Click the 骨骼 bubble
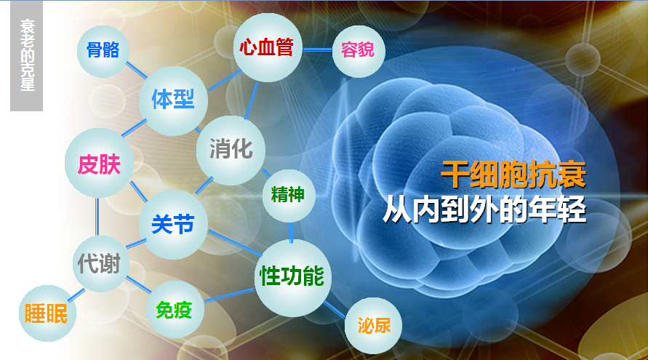[103, 51]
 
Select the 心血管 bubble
[268, 47]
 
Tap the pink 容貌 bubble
[359, 50]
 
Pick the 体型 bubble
[173, 101]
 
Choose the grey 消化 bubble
[231, 150]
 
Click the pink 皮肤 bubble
[99, 163]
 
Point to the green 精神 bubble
[289, 196]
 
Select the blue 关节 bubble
[173, 225]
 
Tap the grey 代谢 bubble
[100, 264]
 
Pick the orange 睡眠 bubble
[47, 313]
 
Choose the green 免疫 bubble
[175, 310]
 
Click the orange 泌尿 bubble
[373, 325]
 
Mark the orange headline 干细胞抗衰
[513, 174]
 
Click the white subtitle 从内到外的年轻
[485, 209]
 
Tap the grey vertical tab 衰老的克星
[26, 56]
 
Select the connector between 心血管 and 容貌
[317, 49]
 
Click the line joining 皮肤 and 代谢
[97, 217]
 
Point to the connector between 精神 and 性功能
[292, 231]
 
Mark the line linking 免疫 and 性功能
[229, 295]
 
